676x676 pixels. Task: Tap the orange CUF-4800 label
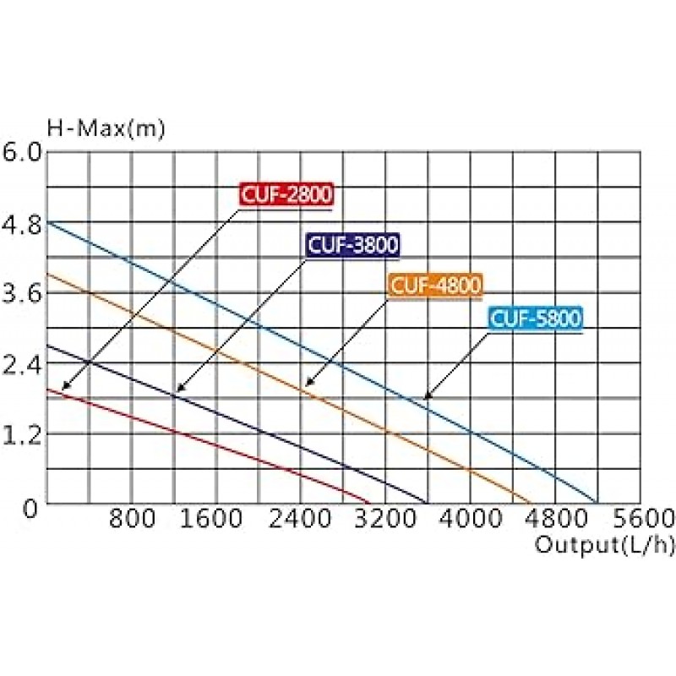click(x=434, y=286)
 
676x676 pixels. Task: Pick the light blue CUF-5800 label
click(x=536, y=319)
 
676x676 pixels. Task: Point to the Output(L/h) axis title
click(x=605, y=545)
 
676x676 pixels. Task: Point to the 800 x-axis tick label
click(x=133, y=518)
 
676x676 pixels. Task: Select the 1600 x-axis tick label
click(x=217, y=518)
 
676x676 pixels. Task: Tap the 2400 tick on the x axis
click(x=302, y=518)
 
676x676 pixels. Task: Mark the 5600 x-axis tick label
click(x=640, y=518)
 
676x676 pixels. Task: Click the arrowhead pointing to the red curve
click(x=65, y=387)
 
